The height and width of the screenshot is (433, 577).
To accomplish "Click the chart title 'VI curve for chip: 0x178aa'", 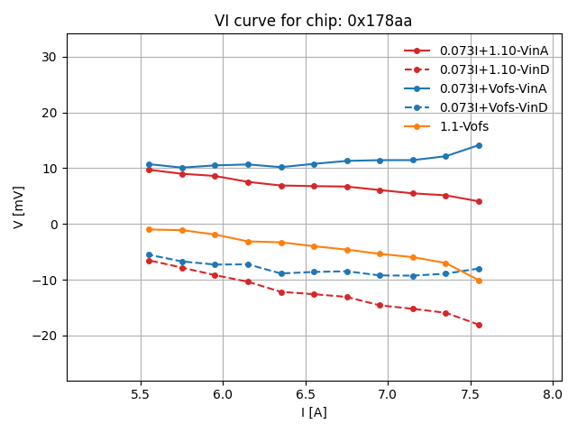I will coord(314,21).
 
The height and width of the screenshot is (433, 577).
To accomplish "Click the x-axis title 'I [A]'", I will coord(314,412).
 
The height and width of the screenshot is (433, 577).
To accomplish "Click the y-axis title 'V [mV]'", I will coord(19,207).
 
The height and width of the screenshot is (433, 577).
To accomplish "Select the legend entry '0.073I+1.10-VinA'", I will coord(493,51).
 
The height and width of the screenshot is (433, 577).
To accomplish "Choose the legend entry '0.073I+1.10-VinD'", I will coord(494,69).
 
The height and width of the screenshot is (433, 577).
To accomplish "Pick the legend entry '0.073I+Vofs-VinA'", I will coord(493,88).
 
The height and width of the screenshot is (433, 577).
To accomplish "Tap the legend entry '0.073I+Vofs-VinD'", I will coord(493,107).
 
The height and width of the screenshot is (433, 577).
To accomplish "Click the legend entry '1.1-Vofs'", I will coord(463,126).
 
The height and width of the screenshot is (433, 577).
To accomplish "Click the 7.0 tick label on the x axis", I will coord(389,394).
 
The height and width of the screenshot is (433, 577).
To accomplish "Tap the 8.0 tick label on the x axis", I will coord(554,394).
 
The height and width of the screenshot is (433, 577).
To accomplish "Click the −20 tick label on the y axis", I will coord(45,336).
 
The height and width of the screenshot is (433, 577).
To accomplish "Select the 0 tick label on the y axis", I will coord(53,225).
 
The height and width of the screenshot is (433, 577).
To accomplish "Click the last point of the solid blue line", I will coord(479,145).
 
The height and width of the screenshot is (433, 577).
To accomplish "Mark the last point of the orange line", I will coord(479,281).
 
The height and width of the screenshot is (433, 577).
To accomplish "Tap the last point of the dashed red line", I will coord(479,325).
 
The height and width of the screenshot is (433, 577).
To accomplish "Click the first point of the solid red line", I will coord(149,170).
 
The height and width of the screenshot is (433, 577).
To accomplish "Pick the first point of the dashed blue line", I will coord(149,254).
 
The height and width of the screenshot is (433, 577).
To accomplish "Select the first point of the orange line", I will coord(149,229).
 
